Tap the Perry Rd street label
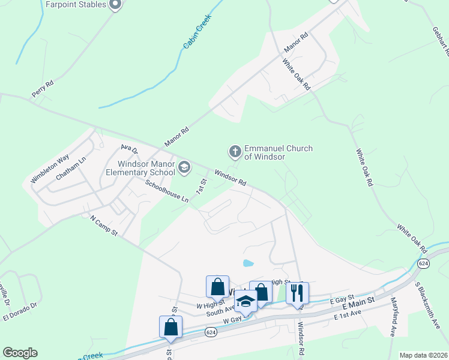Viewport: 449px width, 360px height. tap(43, 89)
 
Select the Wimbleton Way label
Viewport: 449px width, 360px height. tap(50, 170)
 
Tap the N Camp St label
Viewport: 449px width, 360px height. tap(102, 227)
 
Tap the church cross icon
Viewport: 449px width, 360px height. tap(235, 151)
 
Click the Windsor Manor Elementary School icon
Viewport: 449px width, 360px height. tap(184, 167)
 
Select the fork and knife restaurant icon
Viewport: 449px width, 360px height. tap(297, 293)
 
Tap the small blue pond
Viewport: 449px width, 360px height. tap(248, 263)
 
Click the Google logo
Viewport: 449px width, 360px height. tap(20, 353)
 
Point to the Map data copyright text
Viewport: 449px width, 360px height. tap(424, 355)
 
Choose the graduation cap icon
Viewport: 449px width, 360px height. tap(245, 300)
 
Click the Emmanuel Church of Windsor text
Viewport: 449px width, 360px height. tap(278, 152)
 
